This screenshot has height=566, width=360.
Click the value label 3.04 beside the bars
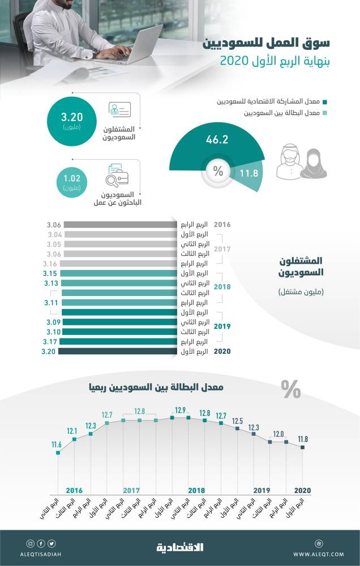pos(55,234)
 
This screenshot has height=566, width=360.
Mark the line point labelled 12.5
pos(238,428)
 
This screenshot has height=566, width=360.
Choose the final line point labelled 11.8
pos(303,447)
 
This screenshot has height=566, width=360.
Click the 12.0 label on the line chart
pos(279,434)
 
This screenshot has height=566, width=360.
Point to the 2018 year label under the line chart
pos(196,490)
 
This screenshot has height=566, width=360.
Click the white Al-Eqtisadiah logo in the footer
pos(180,547)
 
